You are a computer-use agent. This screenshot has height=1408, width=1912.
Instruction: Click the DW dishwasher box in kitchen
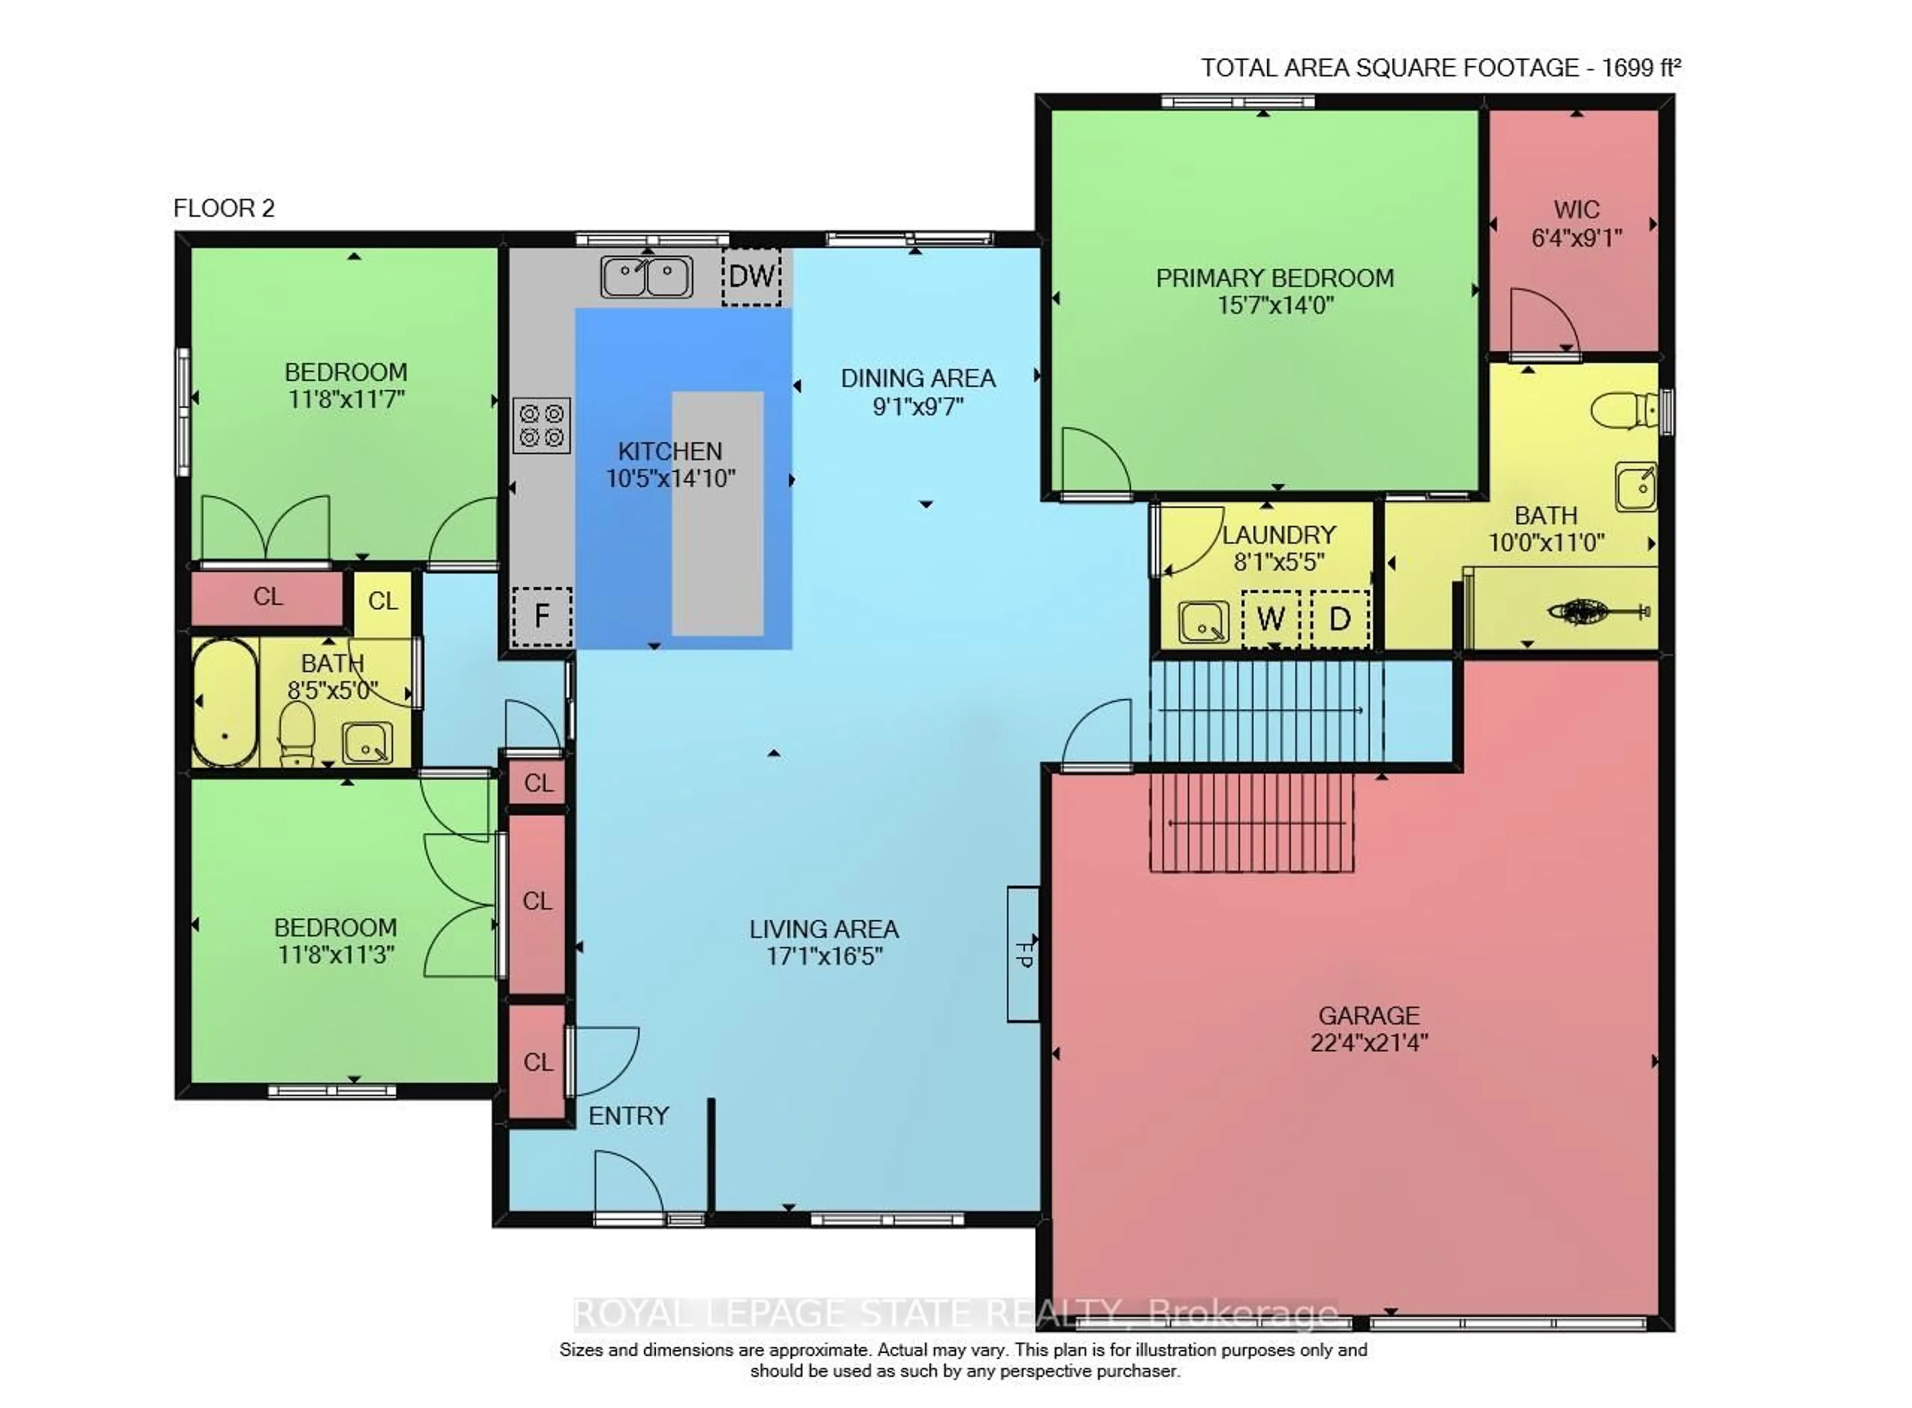click(x=751, y=276)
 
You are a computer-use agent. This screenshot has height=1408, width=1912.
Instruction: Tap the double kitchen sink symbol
click(x=646, y=277)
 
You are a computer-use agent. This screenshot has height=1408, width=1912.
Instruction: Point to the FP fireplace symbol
click(x=1023, y=954)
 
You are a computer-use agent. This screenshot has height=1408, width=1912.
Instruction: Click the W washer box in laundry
click(x=1270, y=619)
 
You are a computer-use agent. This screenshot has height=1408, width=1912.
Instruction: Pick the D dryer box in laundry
click(x=1339, y=619)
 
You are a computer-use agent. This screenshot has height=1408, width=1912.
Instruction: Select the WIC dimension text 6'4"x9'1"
click(x=1575, y=238)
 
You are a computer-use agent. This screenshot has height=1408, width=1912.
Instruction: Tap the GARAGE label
click(x=1368, y=1015)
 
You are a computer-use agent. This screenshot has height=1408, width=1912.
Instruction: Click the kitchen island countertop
click(x=717, y=513)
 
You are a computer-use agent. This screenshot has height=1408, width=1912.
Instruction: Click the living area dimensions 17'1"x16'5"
click(x=824, y=956)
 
